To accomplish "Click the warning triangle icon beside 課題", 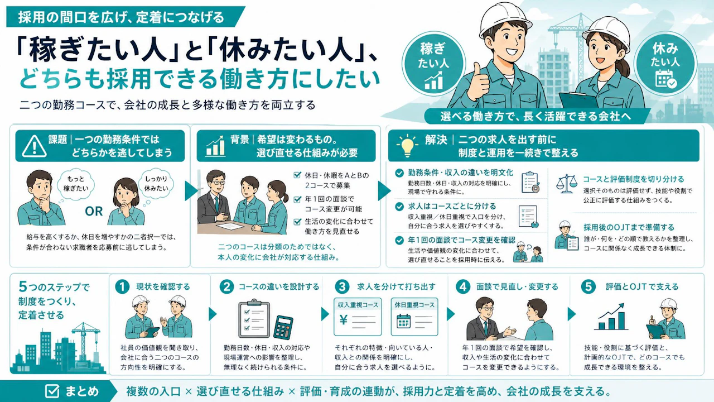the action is coord(34,146).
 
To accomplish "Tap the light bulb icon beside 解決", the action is coord(407,146).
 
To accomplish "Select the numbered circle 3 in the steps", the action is coord(342,286).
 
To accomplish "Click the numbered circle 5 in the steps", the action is coord(588,286).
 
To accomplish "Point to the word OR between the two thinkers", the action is coord(94,211).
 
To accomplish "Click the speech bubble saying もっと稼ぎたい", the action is coord(75,184).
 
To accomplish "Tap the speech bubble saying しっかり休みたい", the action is coord(156,184).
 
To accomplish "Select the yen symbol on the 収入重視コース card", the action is coord(343,319).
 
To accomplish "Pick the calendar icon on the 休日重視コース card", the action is coord(403,321).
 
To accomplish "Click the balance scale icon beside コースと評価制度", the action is coord(566,184).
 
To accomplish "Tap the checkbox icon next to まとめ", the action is coord(52,391).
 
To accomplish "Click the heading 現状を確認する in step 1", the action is coord(163,286).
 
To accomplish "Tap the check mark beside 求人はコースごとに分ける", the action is coord(399,207).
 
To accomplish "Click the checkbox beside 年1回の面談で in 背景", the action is coord(297,199).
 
